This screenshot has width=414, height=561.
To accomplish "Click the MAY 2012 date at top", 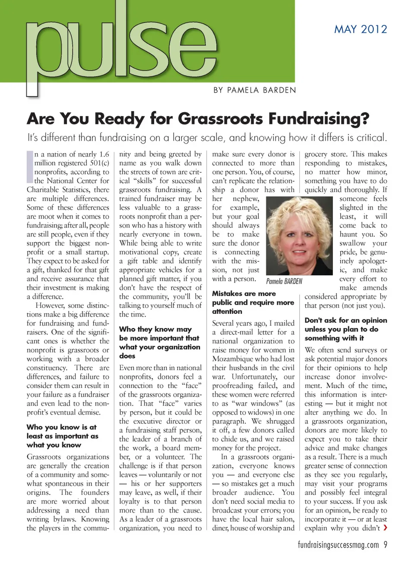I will [x=361, y=29].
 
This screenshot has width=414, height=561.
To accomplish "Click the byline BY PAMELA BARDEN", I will [x=255, y=90].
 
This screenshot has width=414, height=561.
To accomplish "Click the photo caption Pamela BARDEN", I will [x=284, y=281].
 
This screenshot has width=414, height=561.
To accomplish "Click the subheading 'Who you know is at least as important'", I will [x=62, y=436].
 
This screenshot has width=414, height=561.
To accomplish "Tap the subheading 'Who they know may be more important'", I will [x=160, y=342].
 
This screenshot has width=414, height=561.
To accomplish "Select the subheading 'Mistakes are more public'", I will [x=253, y=302].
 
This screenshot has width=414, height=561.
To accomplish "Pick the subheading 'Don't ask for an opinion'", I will [x=345, y=329].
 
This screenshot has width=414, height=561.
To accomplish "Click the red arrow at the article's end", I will [x=385, y=527].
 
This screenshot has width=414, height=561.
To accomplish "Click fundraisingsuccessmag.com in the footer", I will [x=338, y=545].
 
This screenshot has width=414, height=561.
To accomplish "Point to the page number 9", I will [x=385, y=545].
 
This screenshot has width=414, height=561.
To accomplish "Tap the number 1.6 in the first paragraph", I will [x=104, y=154].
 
